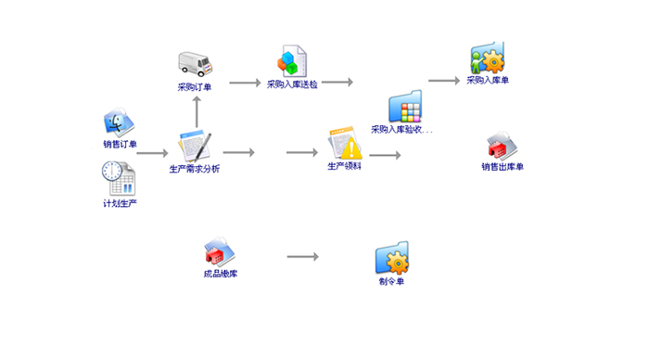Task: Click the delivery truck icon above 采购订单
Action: point(196,64)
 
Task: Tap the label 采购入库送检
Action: point(292,84)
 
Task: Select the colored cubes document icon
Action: point(292,61)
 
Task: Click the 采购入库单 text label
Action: point(488,80)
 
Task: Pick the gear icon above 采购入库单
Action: point(488,58)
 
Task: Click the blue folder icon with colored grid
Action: point(405,107)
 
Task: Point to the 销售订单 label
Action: point(120,144)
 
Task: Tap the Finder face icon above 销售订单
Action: point(119,122)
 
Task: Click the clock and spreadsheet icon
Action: point(119,178)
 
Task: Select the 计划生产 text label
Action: point(120,203)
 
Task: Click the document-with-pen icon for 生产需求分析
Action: point(195,147)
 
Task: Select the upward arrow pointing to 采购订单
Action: point(197,112)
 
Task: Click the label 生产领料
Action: point(344,166)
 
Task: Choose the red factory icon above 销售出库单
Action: point(503,147)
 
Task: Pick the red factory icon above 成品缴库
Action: point(220,251)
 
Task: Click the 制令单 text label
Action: point(391,282)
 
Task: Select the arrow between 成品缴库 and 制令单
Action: point(303,257)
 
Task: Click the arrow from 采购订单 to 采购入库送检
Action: point(245,83)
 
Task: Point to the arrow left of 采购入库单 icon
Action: point(444,81)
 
